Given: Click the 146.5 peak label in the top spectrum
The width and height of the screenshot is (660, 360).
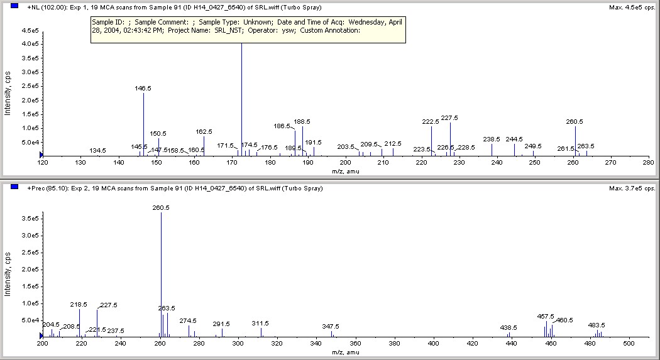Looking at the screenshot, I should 143,89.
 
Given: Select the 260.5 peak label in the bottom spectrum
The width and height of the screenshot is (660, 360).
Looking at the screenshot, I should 161,207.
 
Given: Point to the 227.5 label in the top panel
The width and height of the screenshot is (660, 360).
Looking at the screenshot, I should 449,118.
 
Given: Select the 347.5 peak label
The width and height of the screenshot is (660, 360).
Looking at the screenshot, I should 331,326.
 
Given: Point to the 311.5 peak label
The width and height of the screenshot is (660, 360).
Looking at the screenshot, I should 260,323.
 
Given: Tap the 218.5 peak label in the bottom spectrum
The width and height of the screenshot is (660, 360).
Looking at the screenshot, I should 79,304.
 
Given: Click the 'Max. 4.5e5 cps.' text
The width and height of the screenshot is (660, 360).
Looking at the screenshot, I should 632,8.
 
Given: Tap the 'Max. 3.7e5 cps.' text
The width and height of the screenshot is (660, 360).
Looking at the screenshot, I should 632,188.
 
